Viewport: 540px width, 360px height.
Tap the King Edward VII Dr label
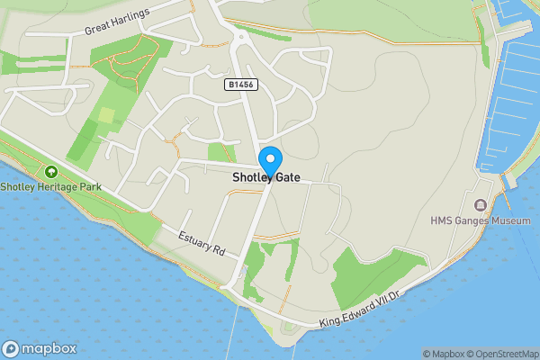pyautogui.click(x=364, y=309)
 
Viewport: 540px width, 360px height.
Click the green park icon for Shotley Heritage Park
pyautogui.click(x=50, y=171)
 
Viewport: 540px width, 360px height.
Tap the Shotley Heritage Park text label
pyautogui.click(x=51, y=187)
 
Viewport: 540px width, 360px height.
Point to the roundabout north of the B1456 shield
pyautogui.click(x=241, y=37)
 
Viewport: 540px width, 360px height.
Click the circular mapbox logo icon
pyautogui.click(x=12, y=348)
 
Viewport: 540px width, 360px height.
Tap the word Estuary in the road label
pyautogui.click(x=193, y=238)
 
